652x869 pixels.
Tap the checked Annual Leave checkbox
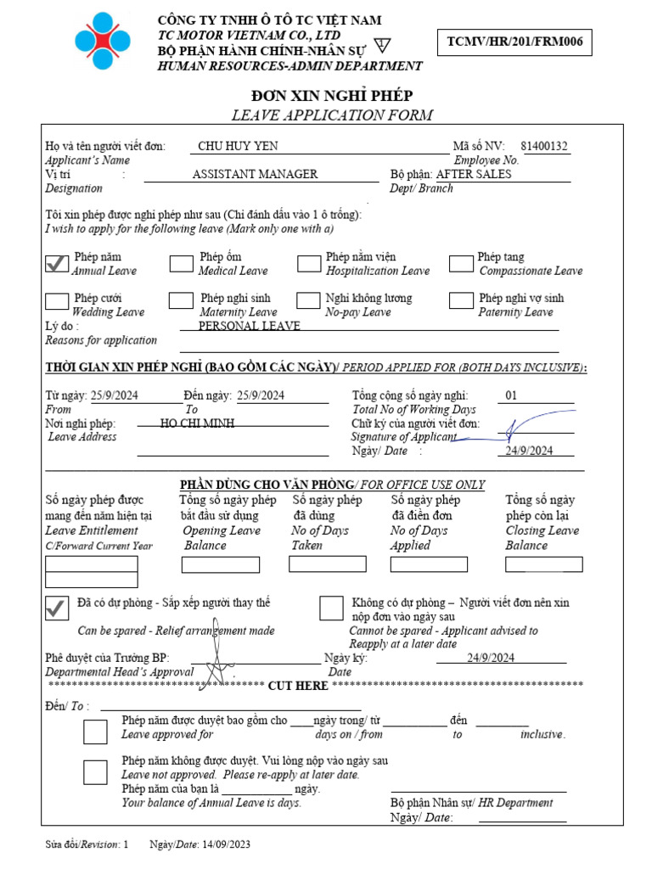click(x=57, y=264)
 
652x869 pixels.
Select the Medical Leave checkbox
click(x=181, y=264)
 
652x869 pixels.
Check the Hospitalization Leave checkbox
click(x=309, y=264)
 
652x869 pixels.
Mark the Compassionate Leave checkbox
click(x=461, y=264)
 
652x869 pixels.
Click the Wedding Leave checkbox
click(x=57, y=301)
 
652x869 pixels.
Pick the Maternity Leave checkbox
click(x=181, y=300)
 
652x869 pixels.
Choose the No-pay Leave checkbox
click(x=308, y=300)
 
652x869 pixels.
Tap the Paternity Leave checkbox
click(x=461, y=300)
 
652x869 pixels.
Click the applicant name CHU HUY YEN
click(x=238, y=146)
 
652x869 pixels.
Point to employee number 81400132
click(x=544, y=146)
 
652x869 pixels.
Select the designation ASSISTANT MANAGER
click(x=255, y=174)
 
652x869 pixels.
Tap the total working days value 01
click(x=511, y=395)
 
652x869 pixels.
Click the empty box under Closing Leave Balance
click(x=543, y=564)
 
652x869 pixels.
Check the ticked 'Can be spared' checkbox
click(x=57, y=608)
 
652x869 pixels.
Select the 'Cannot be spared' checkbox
click(x=332, y=608)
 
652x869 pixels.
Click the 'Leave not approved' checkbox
click(x=96, y=772)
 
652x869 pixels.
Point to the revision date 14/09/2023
click(x=226, y=845)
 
